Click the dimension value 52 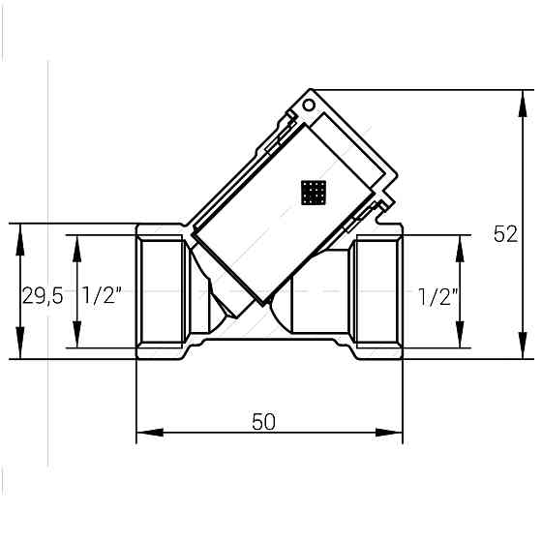tap(505, 234)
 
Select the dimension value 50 tap(263, 422)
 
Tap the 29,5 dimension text tap(43, 296)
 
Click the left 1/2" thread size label tap(102, 295)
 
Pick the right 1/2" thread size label tap(438, 297)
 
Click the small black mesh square tap(314, 193)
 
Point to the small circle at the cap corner tap(309, 105)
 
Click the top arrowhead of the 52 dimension tap(524, 104)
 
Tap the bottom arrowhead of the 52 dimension tap(524, 345)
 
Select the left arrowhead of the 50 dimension tap(150, 432)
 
